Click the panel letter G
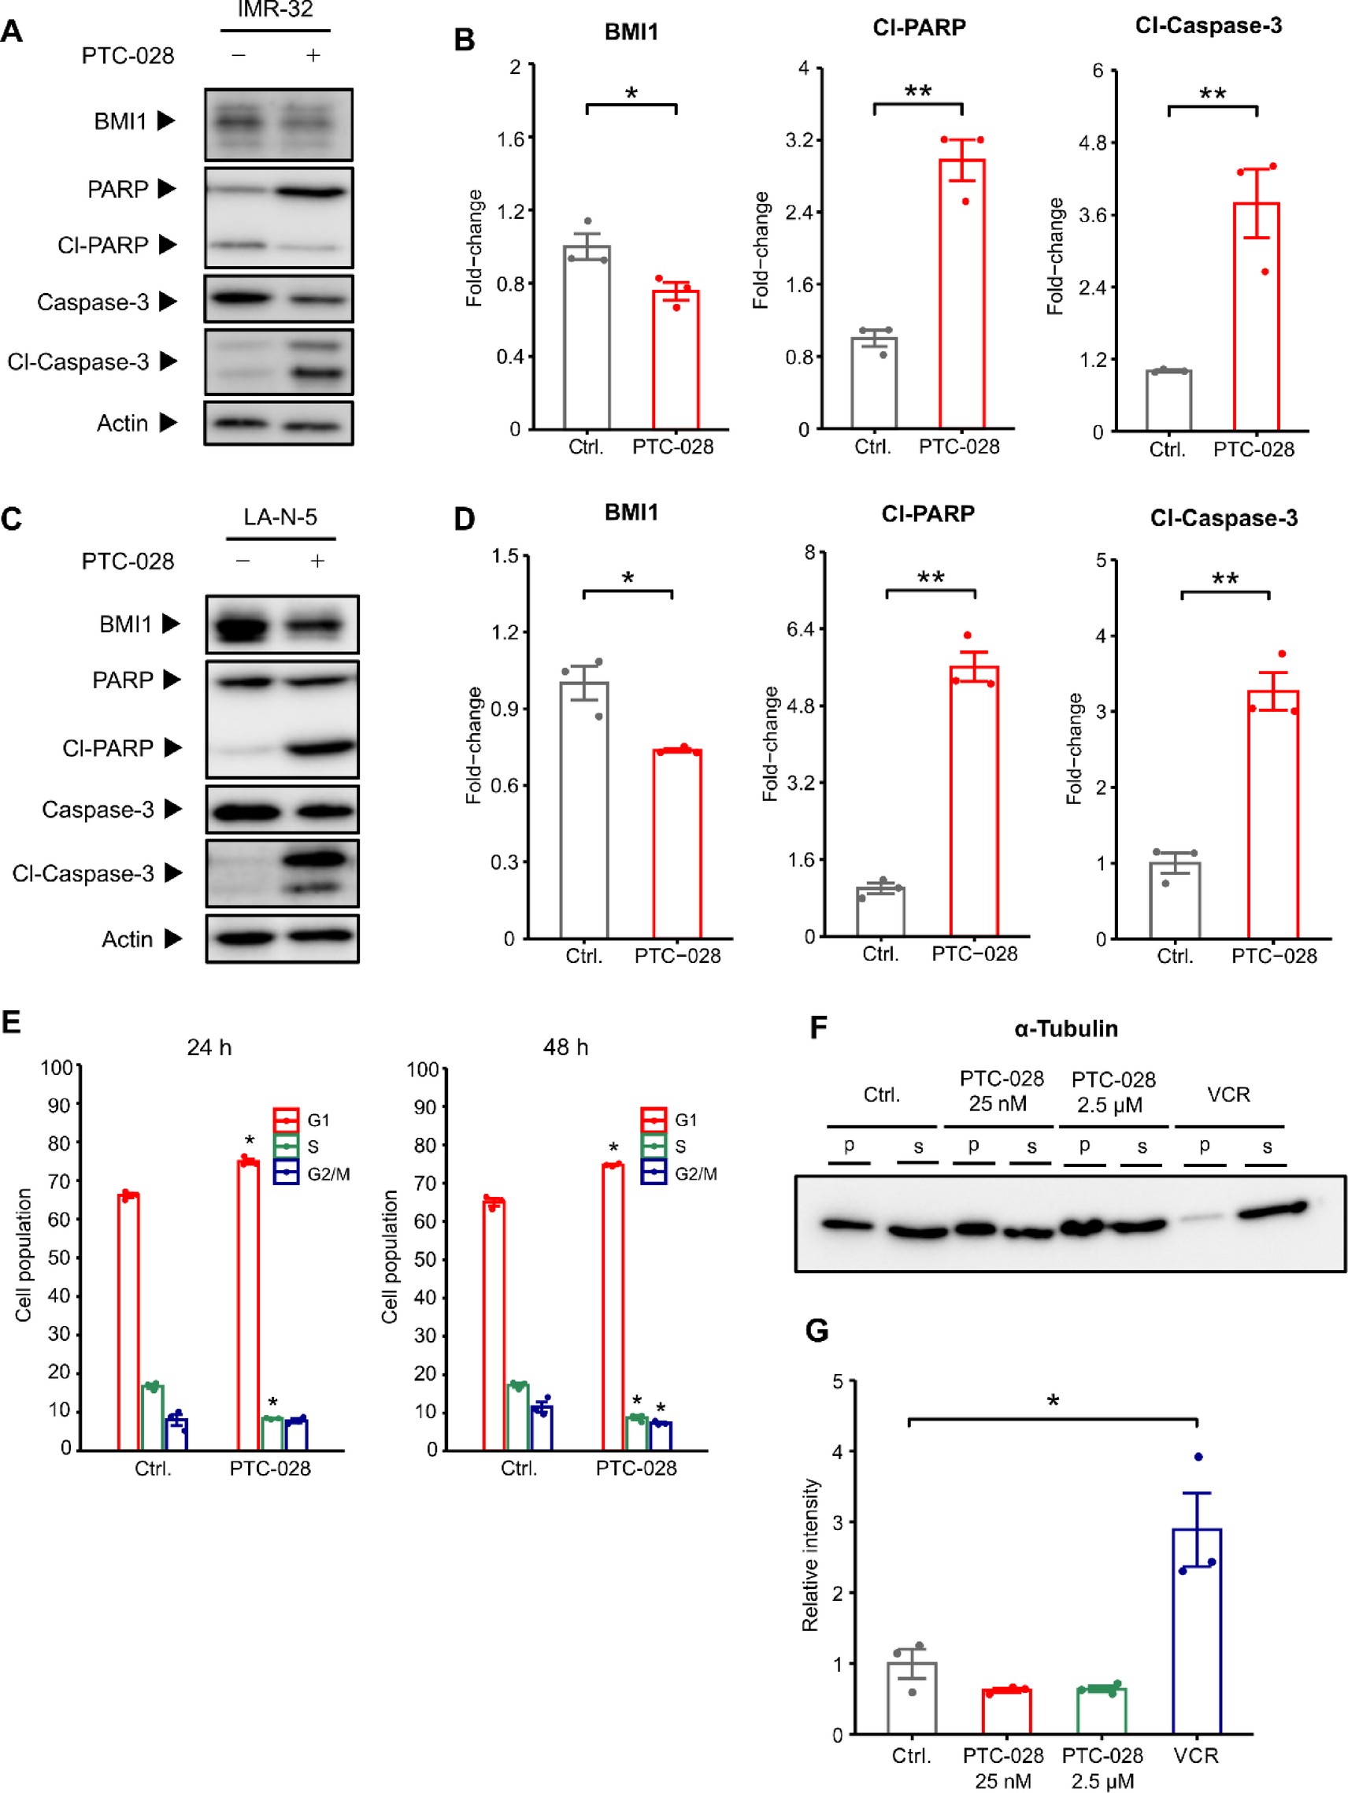817,1330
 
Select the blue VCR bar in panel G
1196,1631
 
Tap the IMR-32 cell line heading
275,9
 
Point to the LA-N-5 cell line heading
280,517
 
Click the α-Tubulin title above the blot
1065,1028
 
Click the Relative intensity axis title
809,1554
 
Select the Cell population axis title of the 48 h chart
390,1257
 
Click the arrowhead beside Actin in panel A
168,422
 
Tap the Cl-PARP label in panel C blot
108,747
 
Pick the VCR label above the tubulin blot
1228,1095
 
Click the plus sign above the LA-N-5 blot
317,561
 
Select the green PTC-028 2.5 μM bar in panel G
1102,1710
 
